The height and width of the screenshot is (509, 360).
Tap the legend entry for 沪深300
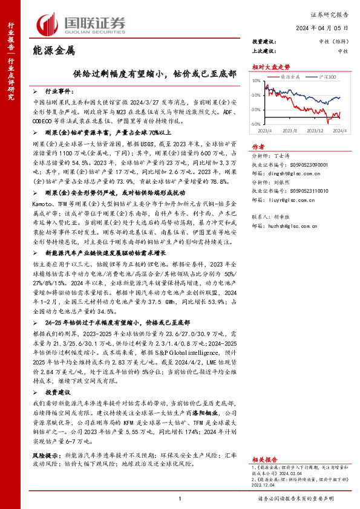tap(326, 78)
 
